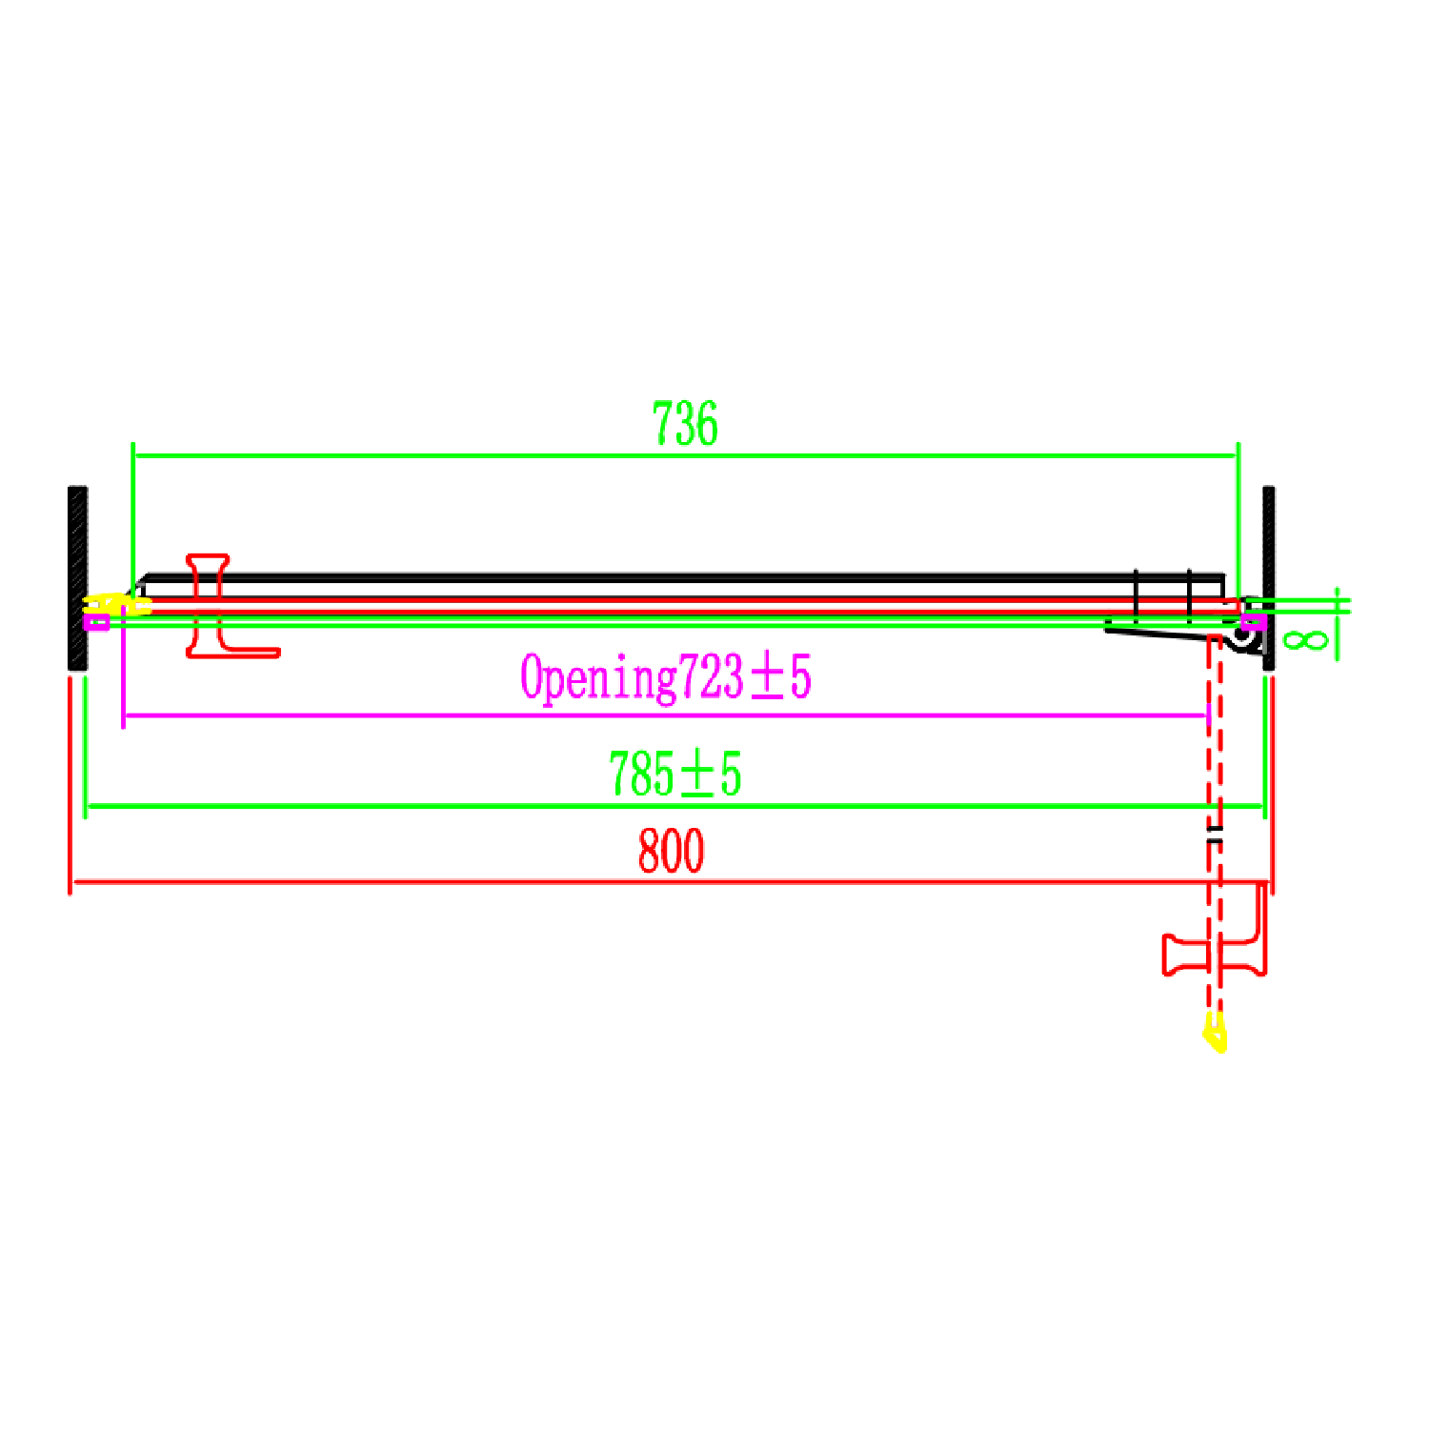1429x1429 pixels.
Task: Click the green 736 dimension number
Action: pos(685,424)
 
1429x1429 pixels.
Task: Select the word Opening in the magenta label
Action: pos(598,678)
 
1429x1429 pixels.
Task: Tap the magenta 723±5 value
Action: pos(744,678)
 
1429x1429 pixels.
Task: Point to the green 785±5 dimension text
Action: pos(674,774)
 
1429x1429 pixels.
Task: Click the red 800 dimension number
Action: pos(671,851)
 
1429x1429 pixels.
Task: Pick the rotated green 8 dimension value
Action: pos(1305,638)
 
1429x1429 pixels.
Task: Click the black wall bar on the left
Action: pos(77,577)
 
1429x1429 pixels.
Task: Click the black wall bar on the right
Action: pos(1269,577)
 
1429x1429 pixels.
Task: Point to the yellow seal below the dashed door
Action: pos(1215,1033)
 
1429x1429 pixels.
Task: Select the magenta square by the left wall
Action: pos(96,622)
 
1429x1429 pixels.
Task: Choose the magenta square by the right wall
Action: pos(1254,622)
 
